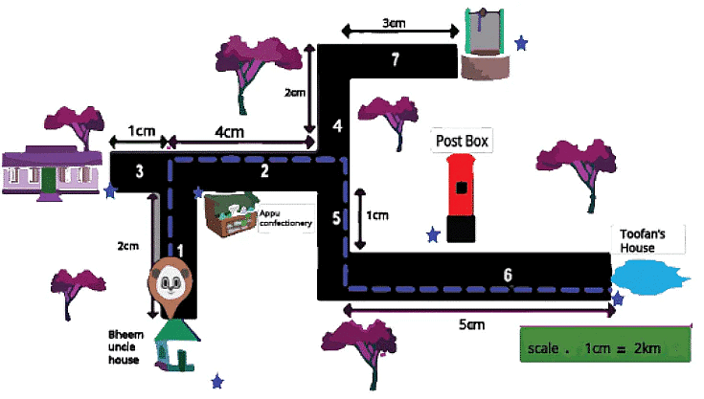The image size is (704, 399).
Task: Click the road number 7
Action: [395, 60]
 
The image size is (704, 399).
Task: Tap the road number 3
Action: [140, 171]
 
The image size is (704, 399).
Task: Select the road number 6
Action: [508, 275]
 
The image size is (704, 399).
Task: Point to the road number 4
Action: [336, 126]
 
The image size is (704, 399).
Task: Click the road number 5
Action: [335, 218]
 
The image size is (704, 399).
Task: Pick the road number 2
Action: [263, 171]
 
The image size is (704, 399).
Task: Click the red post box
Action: [462, 197]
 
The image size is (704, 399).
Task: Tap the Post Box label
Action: [463, 141]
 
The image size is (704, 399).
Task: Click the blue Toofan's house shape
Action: [648, 277]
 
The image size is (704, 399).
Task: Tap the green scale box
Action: [603, 345]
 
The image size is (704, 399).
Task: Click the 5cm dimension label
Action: [470, 325]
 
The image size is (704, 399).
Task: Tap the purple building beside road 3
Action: [54, 170]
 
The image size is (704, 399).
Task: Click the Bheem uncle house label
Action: [125, 346]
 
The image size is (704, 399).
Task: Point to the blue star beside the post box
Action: [434, 233]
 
